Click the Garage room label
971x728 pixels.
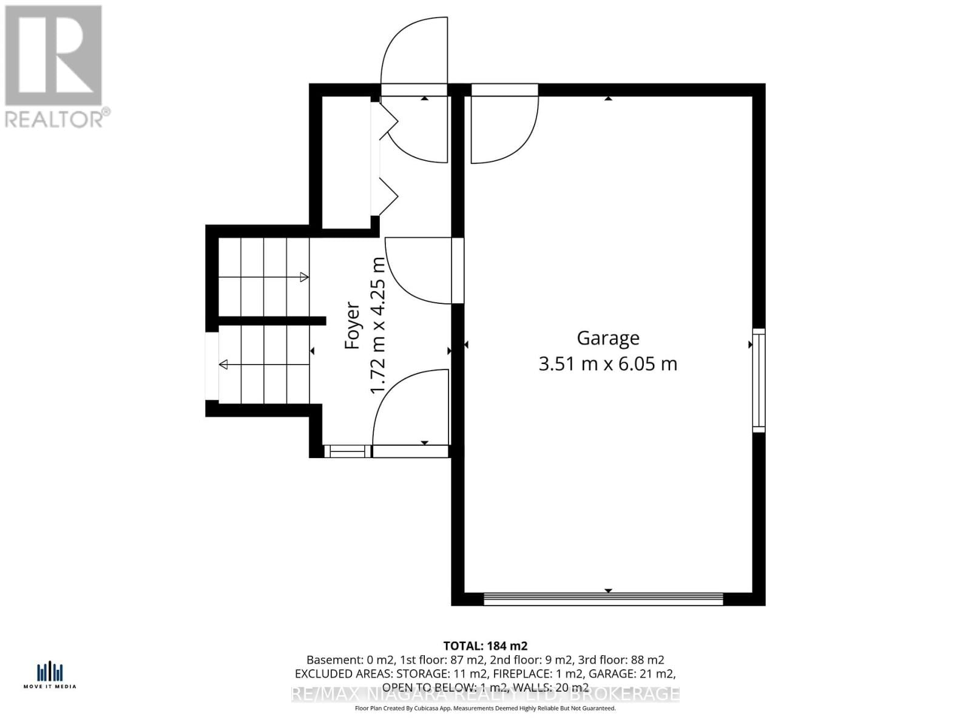[607, 338]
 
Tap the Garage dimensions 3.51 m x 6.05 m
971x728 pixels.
[607, 364]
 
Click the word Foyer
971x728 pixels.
[352, 326]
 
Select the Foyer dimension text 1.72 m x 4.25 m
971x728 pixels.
[378, 326]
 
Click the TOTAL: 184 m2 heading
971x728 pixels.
[485, 645]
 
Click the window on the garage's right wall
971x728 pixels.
[759, 380]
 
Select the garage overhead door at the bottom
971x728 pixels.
[603, 599]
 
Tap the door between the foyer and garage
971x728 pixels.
[425, 270]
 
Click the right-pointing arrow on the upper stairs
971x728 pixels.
[303, 277]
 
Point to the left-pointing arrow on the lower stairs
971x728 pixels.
[224, 365]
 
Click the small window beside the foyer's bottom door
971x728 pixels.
[347, 451]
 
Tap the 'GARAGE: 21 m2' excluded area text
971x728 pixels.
[632, 673]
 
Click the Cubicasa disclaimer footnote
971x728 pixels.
[485, 708]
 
